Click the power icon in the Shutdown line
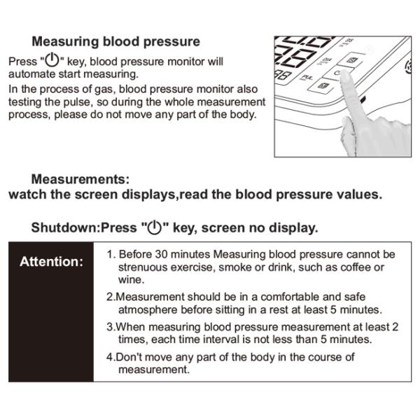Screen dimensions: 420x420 [x=155, y=227]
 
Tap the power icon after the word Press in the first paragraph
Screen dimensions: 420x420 [x=52, y=59]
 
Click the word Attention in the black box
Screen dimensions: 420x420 [x=51, y=261]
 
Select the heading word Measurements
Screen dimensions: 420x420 [x=80, y=179]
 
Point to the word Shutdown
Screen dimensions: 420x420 [x=65, y=227]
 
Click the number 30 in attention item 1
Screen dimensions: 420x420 [x=162, y=254]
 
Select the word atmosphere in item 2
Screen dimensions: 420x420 [x=148, y=310]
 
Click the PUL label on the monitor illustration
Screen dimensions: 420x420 [x=307, y=78]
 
